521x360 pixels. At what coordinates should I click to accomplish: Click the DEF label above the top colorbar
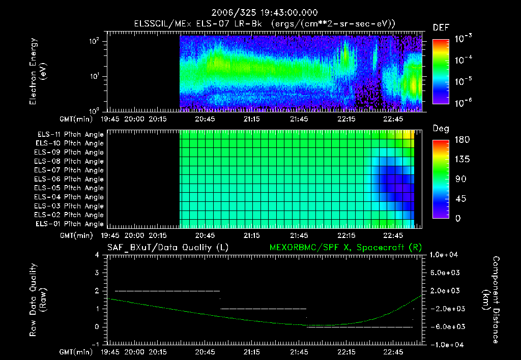tap(441, 27)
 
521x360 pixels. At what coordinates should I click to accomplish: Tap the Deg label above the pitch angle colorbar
tap(441, 129)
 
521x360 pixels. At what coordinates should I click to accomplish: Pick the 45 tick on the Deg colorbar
tap(459, 199)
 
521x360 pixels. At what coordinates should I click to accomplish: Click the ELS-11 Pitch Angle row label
tap(70, 135)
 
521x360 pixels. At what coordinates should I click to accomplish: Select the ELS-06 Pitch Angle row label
tap(70, 179)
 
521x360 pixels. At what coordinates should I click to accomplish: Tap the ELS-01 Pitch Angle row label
tap(70, 224)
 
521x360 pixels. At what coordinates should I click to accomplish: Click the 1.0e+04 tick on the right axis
tap(446, 255)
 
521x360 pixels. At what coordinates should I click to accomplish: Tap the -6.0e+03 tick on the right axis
tap(446, 326)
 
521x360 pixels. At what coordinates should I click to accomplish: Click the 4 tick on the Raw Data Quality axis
tap(97, 255)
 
